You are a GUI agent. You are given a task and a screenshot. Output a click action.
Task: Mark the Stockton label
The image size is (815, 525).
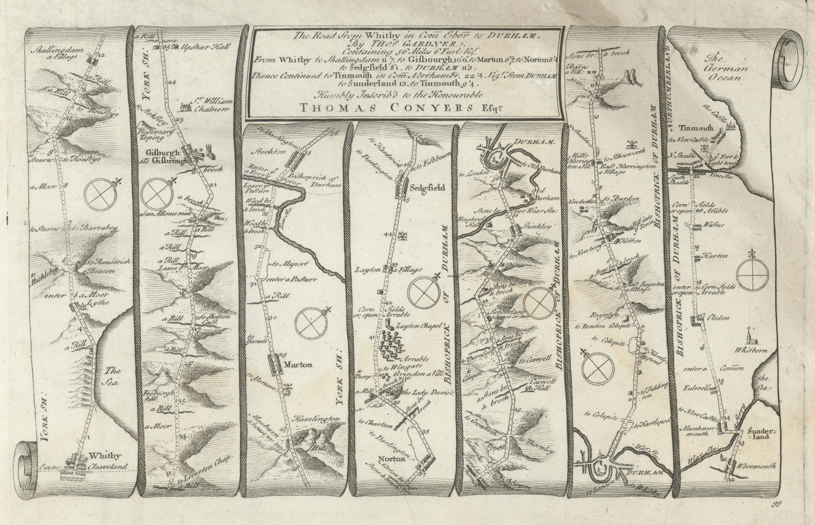click(273, 151)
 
